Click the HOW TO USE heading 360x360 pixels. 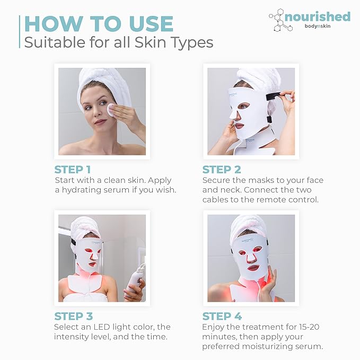coord(99,24)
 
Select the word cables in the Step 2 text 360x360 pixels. coord(218,200)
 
